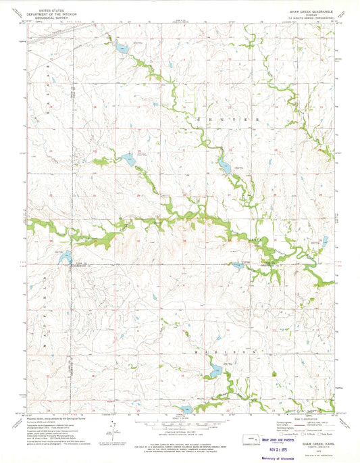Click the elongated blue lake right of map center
(224, 166)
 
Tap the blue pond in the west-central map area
(126, 161)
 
